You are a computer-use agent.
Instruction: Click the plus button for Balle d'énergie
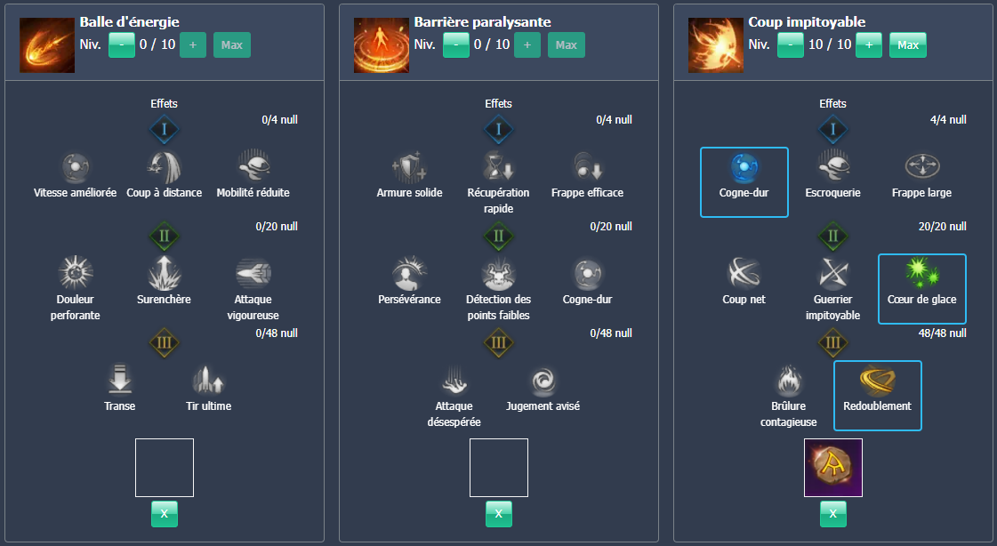pyautogui.click(x=193, y=44)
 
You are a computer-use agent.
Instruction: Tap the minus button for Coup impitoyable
pyautogui.click(x=791, y=44)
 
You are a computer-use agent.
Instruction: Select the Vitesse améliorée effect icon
pyautogui.click(x=76, y=166)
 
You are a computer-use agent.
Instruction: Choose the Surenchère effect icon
pyautogui.click(x=164, y=272)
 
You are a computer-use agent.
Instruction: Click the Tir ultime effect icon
pyautogui.click(x=208, y=381)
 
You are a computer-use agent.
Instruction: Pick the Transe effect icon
pyautogui.click(x=120, y=380)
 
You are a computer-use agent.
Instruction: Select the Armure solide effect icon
pyautogui.click(x=409, y=166)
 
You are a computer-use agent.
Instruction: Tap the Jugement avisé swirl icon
pyautogui.click(x=542, y=381)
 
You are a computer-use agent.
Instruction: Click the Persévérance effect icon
pyautogui.click(x=409, y=273)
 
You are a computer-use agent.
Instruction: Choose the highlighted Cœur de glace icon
pyautogui.click(x=921, y=272)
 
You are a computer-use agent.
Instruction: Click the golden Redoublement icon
pyautogui.click(x=877, y=380)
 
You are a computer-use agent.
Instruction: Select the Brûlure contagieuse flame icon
pyautogui.click(x=788, y=381)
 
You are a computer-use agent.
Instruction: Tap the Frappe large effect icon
pyautogui.click(x=921, y=166)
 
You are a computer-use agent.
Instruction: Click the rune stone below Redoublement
pyautogui.click(x=832, y=468)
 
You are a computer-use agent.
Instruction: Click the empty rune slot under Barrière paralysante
pyautogui.click(x=498, y=468)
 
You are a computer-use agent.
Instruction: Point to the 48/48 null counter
pyautogui.click(x=942, y=333)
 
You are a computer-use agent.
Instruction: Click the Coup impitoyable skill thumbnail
pyautogui.click(x=715, y=44)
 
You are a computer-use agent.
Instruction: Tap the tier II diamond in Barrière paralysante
pyautogui.click(x=498, y=237)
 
